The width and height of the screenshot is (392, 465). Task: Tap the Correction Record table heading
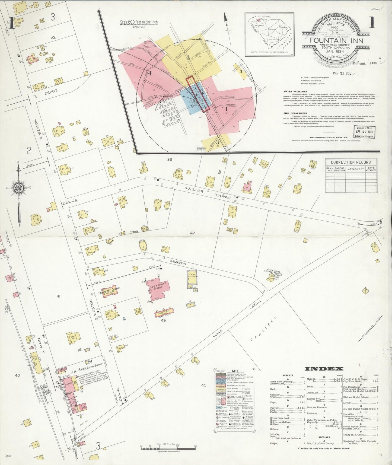point(351,162)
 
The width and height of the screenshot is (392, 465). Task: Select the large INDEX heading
point(324,369)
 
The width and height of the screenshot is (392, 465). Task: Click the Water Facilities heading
point(295,92)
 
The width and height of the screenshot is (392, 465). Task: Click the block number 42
point(192,233)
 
